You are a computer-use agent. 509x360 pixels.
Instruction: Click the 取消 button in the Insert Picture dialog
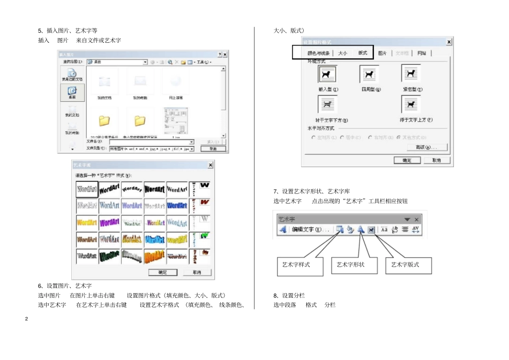[213, 149]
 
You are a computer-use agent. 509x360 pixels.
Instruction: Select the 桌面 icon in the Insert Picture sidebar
[72, 93]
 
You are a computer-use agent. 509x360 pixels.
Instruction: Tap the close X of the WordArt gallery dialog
[210, 166]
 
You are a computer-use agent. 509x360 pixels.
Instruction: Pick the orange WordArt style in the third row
[87, 222]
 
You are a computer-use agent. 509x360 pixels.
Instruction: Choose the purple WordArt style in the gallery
[109, 222]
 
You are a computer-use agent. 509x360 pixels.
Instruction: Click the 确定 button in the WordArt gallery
[162, 273]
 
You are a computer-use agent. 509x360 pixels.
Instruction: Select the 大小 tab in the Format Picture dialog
[343, 53]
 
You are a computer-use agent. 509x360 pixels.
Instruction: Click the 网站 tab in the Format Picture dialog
[422, 53]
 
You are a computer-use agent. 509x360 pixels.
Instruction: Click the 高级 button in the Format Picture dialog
[422, 147]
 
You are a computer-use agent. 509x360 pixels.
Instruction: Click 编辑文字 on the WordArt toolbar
[310, 230]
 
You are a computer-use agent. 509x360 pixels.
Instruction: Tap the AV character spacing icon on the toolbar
[416, 230]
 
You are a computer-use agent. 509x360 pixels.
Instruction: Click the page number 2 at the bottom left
[26, 319]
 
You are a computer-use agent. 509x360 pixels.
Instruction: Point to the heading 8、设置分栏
[289, 295]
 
